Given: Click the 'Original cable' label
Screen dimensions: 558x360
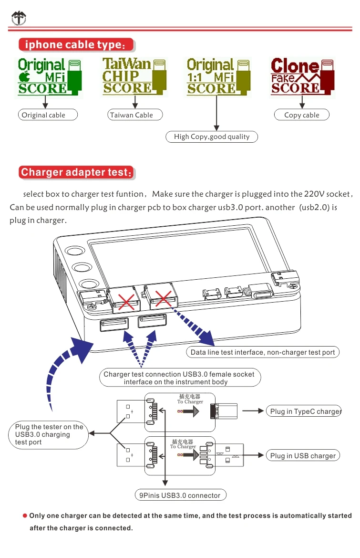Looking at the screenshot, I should [48, 115].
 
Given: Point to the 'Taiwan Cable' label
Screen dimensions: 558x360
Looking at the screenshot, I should [135, 115].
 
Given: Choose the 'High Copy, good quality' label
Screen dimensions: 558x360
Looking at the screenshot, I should [212, 137].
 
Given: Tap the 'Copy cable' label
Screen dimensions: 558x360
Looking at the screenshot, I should [302, 115].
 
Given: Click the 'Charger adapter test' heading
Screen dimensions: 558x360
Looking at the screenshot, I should [76, 172].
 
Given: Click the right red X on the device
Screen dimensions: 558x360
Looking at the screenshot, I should [163, 299].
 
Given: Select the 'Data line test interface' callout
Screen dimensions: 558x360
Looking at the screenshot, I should [262, 352].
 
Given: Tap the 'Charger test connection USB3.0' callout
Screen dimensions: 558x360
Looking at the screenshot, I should [179, 378].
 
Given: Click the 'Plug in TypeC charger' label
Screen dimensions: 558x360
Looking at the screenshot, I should [305, 411].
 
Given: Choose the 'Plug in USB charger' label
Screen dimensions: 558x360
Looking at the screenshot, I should [303, 456].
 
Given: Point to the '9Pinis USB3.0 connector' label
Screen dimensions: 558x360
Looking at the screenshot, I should [180, 495].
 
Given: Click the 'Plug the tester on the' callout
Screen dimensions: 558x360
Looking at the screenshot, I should [49, 434].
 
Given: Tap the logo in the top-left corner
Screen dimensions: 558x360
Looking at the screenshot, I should [19, 19].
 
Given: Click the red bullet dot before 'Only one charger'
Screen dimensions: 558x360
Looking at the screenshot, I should [25, 516].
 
